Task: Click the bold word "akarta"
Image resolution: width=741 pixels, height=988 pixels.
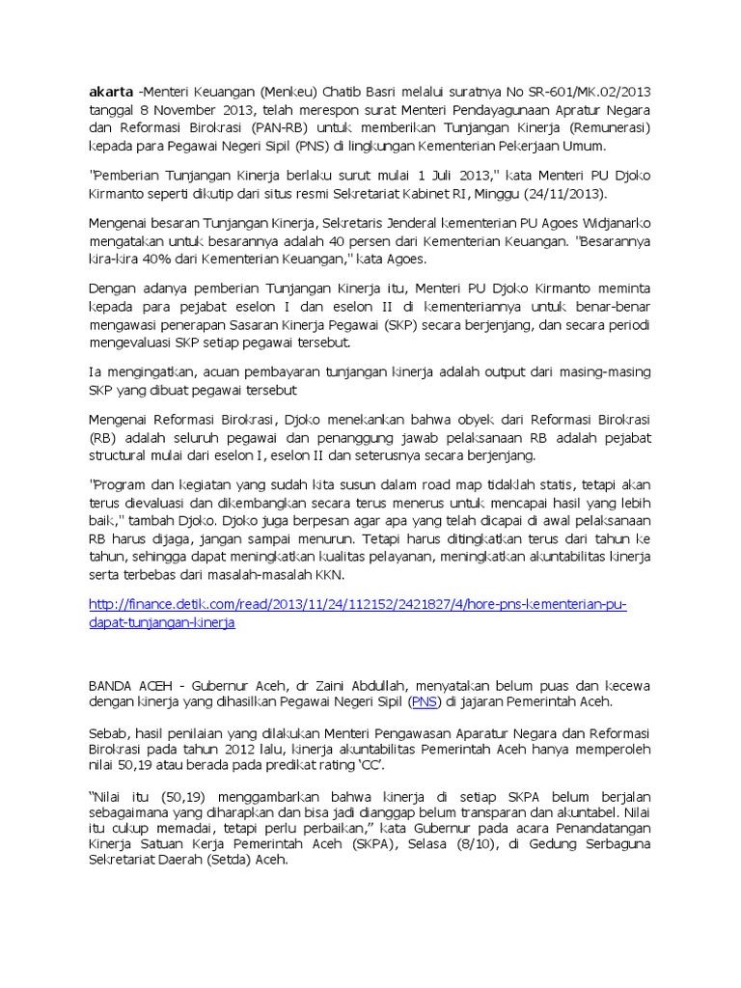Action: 110,92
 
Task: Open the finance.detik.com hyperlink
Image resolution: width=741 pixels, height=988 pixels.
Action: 357,604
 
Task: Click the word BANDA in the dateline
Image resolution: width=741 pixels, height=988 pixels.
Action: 114,686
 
